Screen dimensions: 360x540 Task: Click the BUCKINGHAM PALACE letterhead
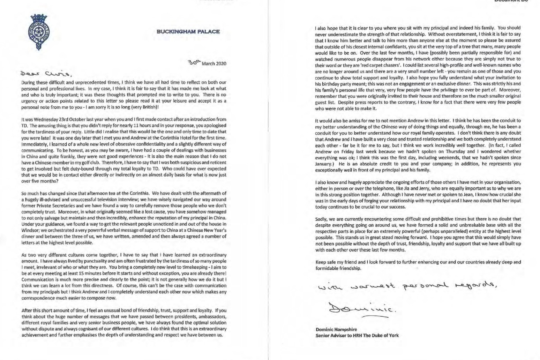coord(188,31)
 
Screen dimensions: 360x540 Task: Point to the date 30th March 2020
coord(207,63)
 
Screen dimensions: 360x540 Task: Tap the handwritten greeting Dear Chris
coord(46,74)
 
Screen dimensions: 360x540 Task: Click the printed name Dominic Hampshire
coord(336,329)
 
